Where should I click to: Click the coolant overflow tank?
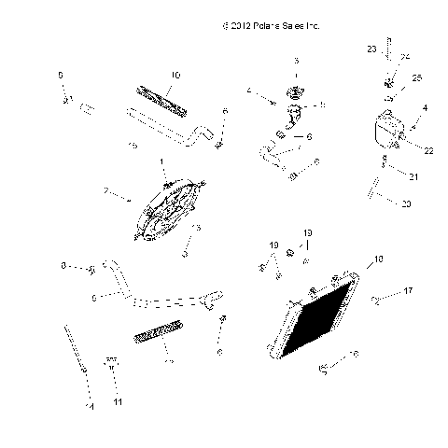pyautogui.click(x=383, y=130)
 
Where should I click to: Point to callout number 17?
pyautogui.click(x=408, y=291)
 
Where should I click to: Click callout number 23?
pyautogui.click(x=371, y=48)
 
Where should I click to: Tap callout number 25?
pyautogui.click(x=416, y=77)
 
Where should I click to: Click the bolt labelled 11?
pyautogui.click(x=110, y=366)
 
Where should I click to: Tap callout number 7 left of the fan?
pyautogui.click(x=105, y=194)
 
